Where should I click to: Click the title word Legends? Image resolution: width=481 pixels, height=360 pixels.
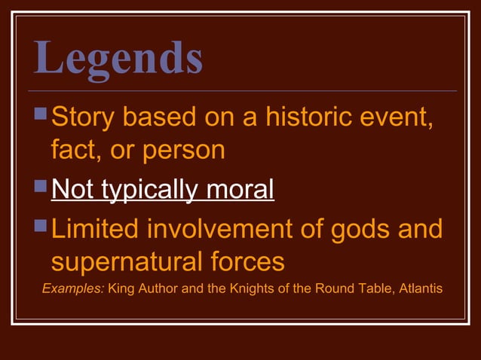[118, 58]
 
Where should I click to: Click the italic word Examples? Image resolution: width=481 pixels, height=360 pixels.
[73, 288]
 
